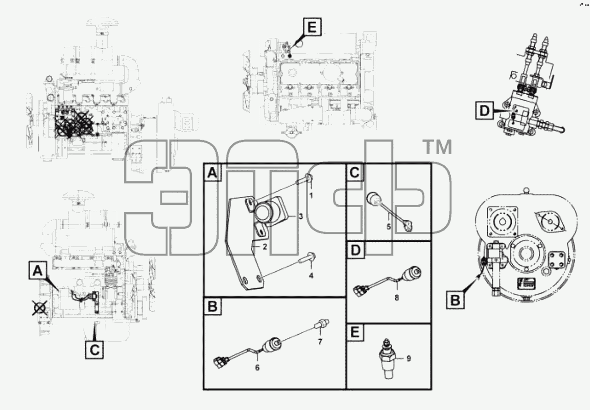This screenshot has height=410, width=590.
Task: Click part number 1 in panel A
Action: tap(311, 195)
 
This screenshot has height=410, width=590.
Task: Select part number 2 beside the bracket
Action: tap(265, 246)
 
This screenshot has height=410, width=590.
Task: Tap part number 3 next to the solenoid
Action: tap(301, 216)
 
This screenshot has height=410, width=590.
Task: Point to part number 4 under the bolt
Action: tap(311, 276)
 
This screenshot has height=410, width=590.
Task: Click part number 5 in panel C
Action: tap(389, 226)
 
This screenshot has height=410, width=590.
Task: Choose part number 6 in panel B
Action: tap(257, 367)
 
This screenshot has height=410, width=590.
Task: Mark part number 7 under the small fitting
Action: tap(320, 342)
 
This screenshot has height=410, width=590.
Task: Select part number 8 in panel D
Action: tap(397, 298)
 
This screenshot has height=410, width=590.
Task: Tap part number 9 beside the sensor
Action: tap(408, 358)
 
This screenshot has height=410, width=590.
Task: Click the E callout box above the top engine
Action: tap(312, 27)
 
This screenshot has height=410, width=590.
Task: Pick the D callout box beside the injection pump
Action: tap(484, 111)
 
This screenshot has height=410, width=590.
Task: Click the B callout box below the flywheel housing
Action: tap(455, 300)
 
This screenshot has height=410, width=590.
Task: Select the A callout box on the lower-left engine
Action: tap(38, 270)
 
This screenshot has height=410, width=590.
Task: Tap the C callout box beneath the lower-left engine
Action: tap(94, 350)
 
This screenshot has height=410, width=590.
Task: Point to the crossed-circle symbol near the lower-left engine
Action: tap(39, 308)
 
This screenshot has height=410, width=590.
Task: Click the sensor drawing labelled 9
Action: tap(386, 359)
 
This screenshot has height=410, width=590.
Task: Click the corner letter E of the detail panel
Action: tap(355, 332)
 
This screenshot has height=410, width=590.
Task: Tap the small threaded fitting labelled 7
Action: tap(322, 323)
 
